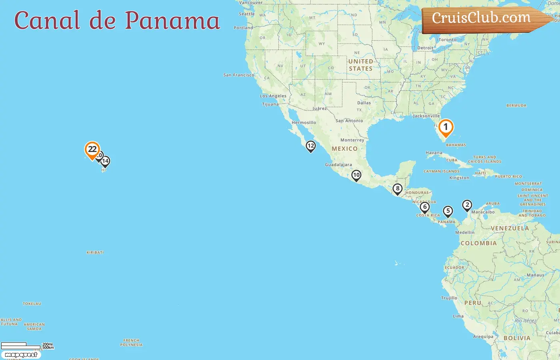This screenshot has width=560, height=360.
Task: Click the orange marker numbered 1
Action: (x=446, y=128)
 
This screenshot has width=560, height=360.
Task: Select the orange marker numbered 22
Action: (x=92, y=150)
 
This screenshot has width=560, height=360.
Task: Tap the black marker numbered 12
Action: (x=311, y=146)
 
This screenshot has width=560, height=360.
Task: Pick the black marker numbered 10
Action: (x=356, y=175)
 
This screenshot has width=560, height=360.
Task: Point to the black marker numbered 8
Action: (x=397, y=189)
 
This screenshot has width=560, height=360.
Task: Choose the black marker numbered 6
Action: (x=425, y=207)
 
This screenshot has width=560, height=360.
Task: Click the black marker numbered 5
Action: (x=448, y=211)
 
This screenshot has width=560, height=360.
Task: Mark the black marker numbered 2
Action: (x=467, y=205)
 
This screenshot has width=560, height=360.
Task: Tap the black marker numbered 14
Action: (x=105, y=161)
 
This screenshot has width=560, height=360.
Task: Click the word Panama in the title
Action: (x=172, y=21)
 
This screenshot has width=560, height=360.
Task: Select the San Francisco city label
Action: (x=239, y=75)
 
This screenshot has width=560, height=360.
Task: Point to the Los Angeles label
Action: (x=273, y=96)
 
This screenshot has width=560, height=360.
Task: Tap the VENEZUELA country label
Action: (x=510, y=228)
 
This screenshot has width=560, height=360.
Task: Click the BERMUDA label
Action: (x=516, y=106)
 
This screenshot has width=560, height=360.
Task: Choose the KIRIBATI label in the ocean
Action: (x=95, y=252)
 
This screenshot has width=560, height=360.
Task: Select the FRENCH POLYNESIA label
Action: (x=131, y=343)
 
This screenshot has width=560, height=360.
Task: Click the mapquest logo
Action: (x=21, y=355)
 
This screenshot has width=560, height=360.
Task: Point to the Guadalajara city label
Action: (x=338, y=165)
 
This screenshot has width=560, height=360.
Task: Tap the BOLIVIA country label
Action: (x=517, y=338)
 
